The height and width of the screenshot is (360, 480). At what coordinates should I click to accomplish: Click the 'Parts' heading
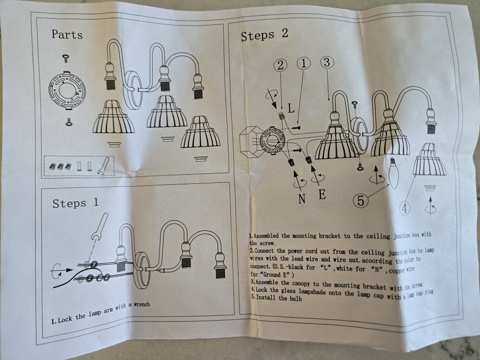coord(67,34)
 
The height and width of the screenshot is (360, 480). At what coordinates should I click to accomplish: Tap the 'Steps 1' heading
coord(75,203)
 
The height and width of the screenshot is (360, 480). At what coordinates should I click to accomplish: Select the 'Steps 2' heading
coord(264,35)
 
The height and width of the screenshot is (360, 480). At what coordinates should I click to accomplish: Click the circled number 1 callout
coord(304,63)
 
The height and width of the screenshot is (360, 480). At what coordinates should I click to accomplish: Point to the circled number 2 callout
coord(281,65)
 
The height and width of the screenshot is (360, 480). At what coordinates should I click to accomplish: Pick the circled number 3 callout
coord(327,62)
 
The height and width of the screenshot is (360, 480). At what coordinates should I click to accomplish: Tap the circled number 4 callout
coord(405,209)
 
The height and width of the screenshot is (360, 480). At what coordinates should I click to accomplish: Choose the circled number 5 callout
coord(360,201)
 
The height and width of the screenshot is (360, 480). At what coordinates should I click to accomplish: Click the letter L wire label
coord(291,108)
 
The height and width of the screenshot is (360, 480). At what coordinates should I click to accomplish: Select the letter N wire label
coord(301,199)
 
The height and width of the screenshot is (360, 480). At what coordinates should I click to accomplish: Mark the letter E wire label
coord(322,194)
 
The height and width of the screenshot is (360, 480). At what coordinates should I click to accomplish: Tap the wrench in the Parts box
coord(103,166)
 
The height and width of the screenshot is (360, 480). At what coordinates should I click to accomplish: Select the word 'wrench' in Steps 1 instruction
coord(142,304)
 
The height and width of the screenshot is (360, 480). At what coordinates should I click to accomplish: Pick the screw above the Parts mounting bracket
coord(65,58)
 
